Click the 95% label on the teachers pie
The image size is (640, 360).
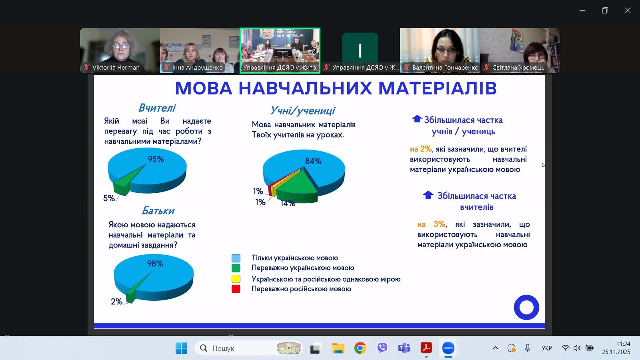click(156, 159)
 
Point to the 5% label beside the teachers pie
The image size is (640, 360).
click(109, 198)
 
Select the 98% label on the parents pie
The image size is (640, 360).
click(155, 264)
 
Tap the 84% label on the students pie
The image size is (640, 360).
click(313, 161)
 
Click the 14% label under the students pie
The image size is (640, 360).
click(288, 203)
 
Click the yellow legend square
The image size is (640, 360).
click(236, 279)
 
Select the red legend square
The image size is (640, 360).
click(236, 289)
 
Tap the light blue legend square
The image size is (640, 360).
click(236, 258)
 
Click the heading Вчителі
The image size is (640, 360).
click(157, 108)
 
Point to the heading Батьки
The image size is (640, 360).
click(158, 211)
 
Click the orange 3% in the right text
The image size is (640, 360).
click(439, 224)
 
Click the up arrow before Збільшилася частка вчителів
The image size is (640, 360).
click(428, 195)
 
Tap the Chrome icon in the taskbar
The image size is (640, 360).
click(360, 348)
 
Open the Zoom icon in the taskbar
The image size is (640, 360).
click(448, 348)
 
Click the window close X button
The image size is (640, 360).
click(628, 11)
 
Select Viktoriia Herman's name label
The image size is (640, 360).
click(116, 68)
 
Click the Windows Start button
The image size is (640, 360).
click(181, 348)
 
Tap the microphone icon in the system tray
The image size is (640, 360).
click(527, 348)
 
